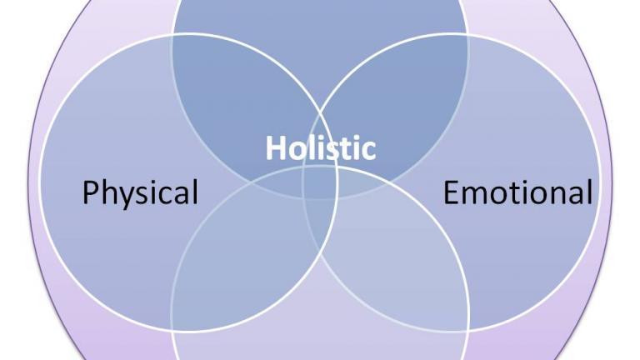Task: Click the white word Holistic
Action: (x=320, y=147)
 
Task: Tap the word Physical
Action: (x=140, y=192)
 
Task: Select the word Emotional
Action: (x=517, y=192)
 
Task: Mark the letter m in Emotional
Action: (x=474, y=196)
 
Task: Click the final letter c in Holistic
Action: (x=368, y=151)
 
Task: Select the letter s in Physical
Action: (x=146, y=196)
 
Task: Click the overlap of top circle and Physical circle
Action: (x=240, y=98)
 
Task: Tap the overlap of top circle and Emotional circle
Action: (x=400, y=98)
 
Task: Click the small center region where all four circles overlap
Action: (x=320, y=182)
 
